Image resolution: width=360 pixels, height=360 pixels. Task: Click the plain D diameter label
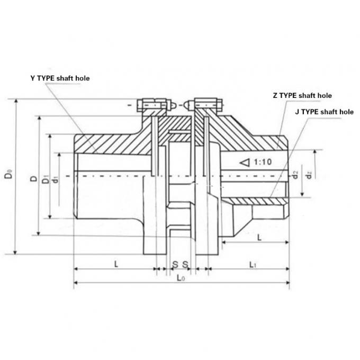tap(34, 179)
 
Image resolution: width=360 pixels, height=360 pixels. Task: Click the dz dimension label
tap(310, 173)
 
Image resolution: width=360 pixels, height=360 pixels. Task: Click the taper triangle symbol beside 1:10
tap(243, 163)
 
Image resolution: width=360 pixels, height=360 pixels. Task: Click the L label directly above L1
tap(259, 238)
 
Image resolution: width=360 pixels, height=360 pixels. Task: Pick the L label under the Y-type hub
tap(115, 263)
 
